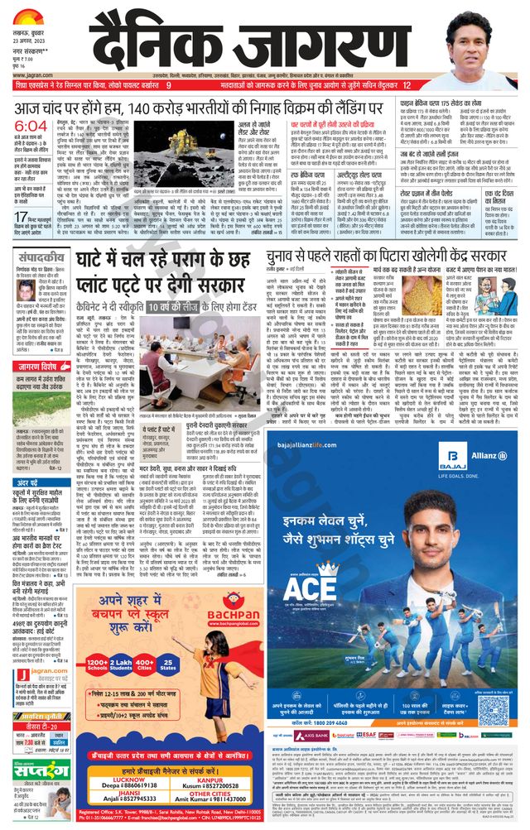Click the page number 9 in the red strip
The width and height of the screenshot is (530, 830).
pos(168,85)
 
